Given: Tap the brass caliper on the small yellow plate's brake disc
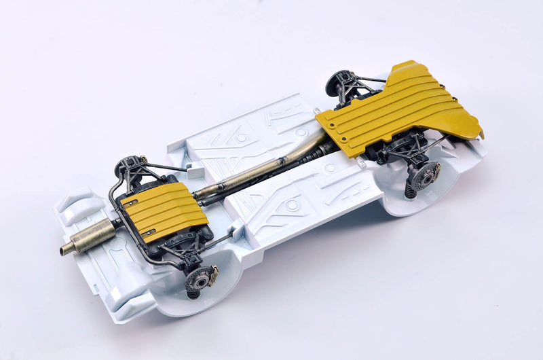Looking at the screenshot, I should coord(213,273).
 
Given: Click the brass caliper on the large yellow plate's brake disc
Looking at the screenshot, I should coord(435,170).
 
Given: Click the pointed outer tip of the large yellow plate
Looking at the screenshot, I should coord(481,132).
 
